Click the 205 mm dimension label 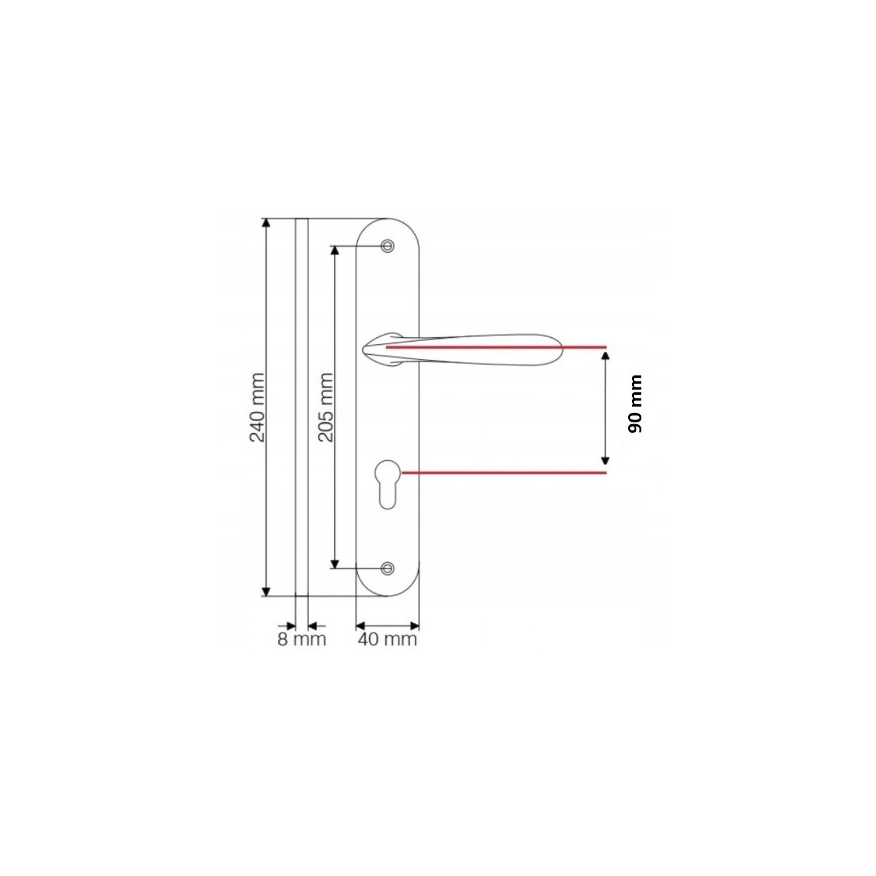pos(326,407)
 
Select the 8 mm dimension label pos(302,639)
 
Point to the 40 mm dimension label pos(387,639)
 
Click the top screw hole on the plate pos(388,246)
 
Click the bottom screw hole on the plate pos(388,568)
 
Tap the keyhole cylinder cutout pos(388,484)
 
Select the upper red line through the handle pos(496,347)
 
